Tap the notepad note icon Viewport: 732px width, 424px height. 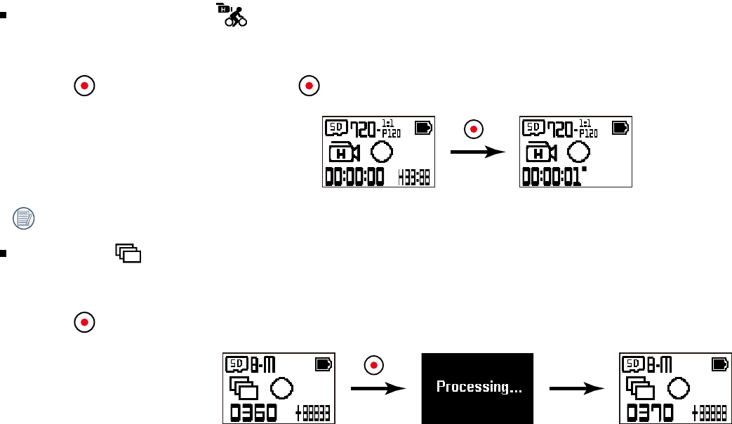click(x=24, y=218)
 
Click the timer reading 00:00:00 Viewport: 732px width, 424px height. click(x=354, y=175)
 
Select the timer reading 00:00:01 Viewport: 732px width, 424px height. click(x=552, y=175)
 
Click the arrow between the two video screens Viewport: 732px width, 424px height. click(x=477, y=152)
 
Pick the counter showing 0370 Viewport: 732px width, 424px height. click(x=650, y=411)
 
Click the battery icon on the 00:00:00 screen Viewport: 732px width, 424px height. click(x=424, y=128)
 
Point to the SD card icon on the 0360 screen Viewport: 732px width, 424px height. click(x=234, y=364)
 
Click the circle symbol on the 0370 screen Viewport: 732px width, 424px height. click(x=679, y=387)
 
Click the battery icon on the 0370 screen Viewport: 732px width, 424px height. click(x=720, y=364)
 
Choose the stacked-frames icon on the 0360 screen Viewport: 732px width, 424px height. click(x=244, y=388)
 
